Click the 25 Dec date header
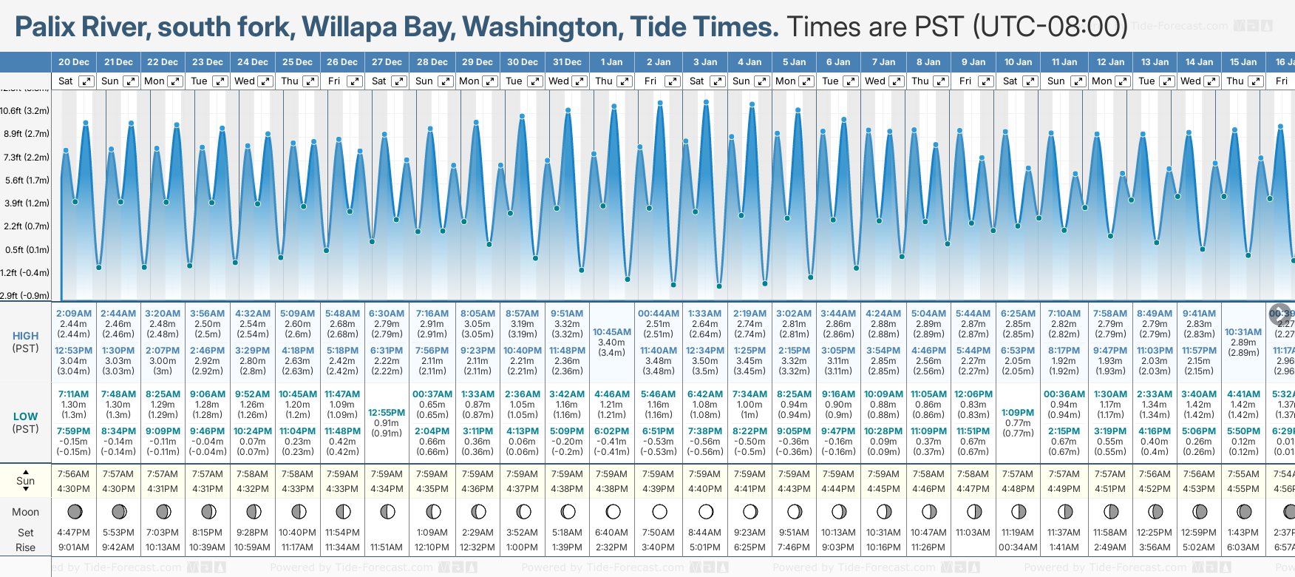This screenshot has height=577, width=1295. point(297,62)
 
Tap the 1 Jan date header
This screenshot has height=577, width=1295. point(611,62)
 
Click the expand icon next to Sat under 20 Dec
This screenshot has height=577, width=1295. point(86,81)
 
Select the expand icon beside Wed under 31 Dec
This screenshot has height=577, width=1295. point(579,81)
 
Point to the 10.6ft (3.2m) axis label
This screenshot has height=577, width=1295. point(25,111)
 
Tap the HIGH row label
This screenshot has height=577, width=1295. point(25,336)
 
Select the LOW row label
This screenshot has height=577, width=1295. point(25,416)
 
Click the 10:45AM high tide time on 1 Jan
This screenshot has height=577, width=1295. point(612,332)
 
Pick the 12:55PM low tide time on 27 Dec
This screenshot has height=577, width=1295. point(387,413)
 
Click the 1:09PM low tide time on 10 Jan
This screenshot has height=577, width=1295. point(1018,413)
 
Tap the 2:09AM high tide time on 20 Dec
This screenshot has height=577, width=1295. point(73,314)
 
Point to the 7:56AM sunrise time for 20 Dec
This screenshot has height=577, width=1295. point(73,474)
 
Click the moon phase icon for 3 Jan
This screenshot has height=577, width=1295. point(705,511)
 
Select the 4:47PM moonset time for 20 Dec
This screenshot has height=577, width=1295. point(73,533)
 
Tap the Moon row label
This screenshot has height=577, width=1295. point(25,512)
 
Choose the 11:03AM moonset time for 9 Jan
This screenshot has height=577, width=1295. point(973,533)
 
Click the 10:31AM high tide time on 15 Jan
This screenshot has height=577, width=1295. point(1243,332)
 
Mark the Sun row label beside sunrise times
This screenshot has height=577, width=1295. point(25,481)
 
